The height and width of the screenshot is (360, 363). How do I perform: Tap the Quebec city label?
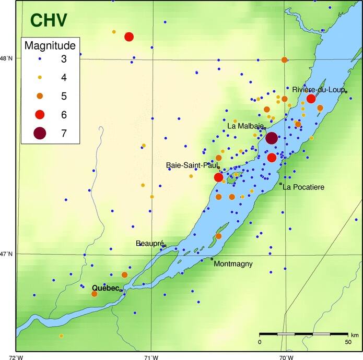point(106,288)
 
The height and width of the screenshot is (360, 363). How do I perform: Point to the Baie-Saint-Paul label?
point(192,165)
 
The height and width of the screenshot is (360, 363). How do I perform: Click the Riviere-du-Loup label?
point(318,89)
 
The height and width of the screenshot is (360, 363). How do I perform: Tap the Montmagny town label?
point(233,264)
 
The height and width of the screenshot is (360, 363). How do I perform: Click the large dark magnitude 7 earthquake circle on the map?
point(272,138)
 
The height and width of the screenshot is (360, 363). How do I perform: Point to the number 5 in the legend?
point(64,96)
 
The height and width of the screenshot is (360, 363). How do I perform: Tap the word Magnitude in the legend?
point(50,45)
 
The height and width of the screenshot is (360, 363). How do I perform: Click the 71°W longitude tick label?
point(151,356)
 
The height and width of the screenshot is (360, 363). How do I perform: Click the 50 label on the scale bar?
point(347,342)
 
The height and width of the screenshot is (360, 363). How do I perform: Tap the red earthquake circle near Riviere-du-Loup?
point(311,99)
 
